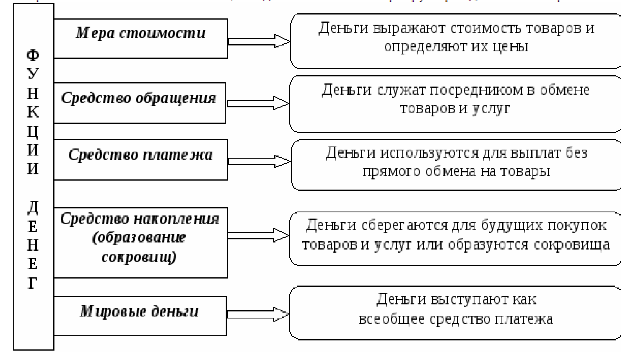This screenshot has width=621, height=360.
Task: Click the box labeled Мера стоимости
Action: point(140,38)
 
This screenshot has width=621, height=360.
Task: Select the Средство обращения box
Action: point(139,103)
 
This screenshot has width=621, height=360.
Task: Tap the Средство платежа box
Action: point(140,159)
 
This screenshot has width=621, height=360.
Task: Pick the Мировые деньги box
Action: point(139,316)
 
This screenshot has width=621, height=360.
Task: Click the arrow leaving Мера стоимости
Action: point(259,41)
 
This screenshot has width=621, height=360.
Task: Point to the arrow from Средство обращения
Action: point(257,103)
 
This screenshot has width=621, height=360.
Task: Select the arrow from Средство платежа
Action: point(259,161)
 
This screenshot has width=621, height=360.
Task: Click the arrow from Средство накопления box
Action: point(258,235)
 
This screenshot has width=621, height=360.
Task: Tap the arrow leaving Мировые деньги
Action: point(257,314)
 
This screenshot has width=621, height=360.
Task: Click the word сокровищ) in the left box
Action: point(139,257)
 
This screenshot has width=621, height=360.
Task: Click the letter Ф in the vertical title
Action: point(33,55)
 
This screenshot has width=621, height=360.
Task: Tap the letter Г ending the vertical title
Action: point(33,283)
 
